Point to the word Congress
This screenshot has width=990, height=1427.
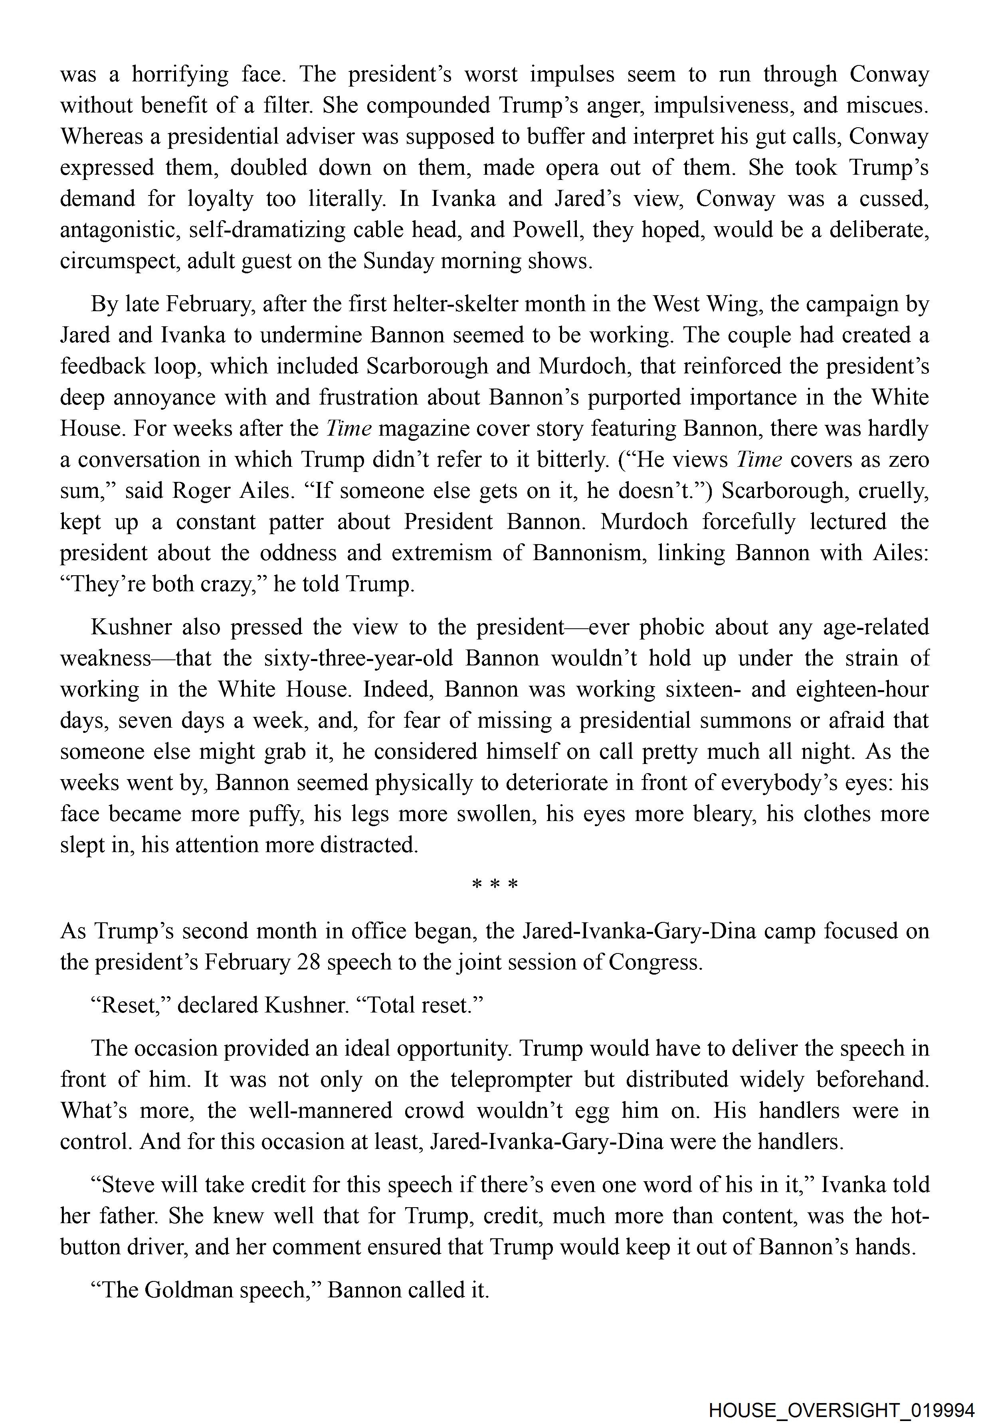(x=656, y=962)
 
